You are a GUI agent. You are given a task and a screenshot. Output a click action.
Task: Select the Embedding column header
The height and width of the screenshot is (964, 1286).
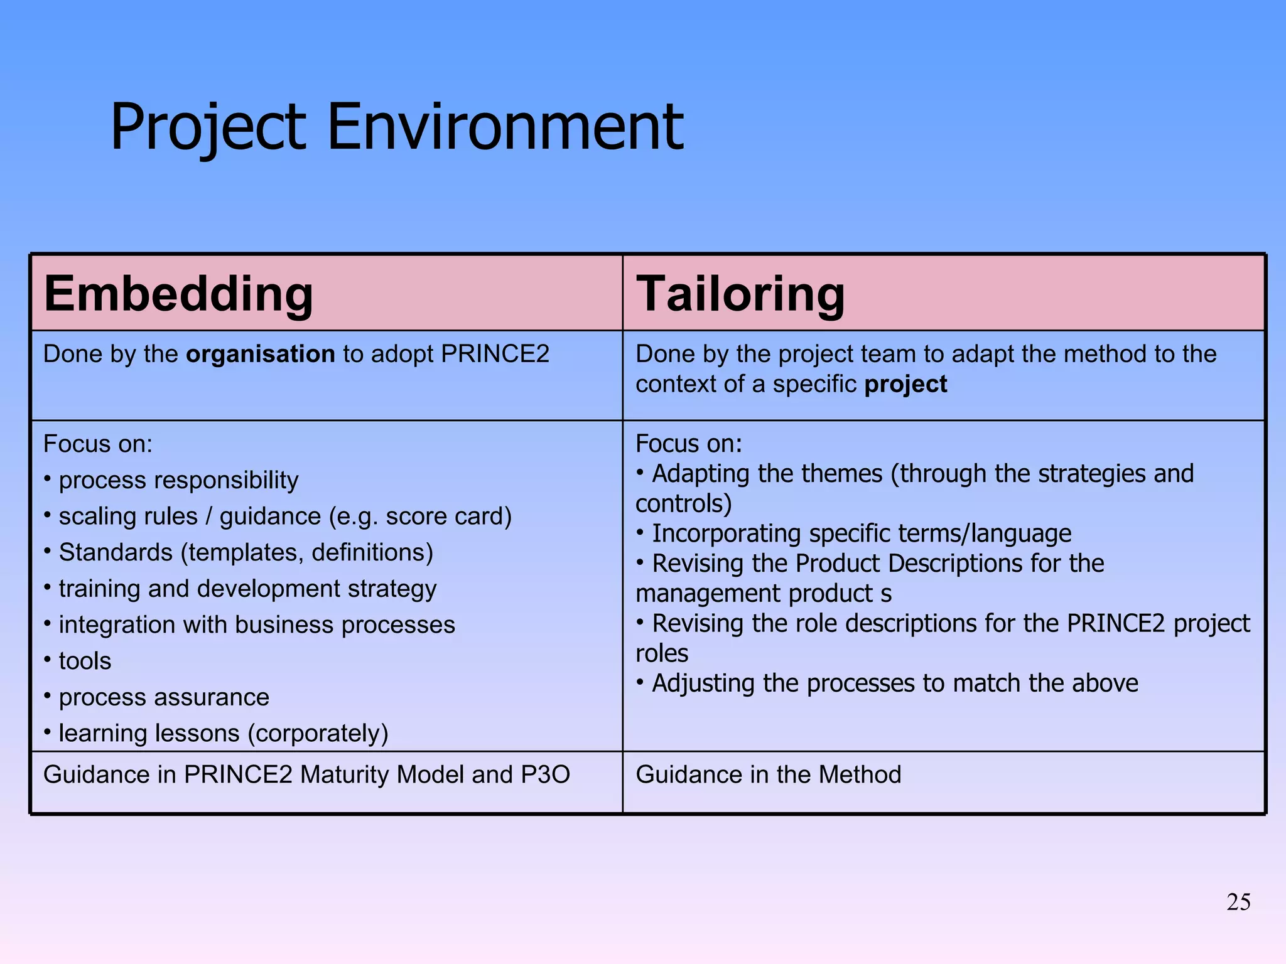tap(178, 294)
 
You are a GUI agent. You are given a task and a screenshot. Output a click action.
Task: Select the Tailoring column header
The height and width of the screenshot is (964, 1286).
tap(741, 294)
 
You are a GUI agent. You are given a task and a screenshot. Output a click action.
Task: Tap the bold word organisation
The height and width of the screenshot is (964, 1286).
tap(261, 354)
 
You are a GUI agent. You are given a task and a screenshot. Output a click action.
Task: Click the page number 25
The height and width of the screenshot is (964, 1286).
tap(1238, 902)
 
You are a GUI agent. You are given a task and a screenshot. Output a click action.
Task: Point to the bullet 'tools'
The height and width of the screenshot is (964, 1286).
tap(85, 661)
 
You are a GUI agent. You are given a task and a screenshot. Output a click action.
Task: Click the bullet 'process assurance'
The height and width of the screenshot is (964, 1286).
tap(163, 697)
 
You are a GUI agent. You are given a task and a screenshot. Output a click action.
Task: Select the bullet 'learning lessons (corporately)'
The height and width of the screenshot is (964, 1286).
tap(223, 733)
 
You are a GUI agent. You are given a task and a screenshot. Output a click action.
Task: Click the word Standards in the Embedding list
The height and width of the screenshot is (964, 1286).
tap(116, 552)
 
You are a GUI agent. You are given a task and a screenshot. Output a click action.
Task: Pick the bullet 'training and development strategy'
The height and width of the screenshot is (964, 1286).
tap(247, 589)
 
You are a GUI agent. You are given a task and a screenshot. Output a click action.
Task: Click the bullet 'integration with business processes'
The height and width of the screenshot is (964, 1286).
tap(256, 625)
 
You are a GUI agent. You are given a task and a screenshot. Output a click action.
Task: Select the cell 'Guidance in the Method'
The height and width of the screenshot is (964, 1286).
tap(768, 774)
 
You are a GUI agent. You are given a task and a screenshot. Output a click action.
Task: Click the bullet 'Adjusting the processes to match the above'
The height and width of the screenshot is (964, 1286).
tap(894, 683)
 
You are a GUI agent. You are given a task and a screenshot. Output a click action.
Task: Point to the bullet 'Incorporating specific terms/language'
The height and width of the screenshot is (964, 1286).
tap(861, 533)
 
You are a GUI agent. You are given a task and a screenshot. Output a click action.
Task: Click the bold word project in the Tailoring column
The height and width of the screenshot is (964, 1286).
tap(905, 384)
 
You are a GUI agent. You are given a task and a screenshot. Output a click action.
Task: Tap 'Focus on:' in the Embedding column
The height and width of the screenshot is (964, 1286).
tap(98, 444)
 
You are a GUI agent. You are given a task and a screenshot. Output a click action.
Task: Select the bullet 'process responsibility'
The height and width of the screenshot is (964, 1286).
tap(178, 480)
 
